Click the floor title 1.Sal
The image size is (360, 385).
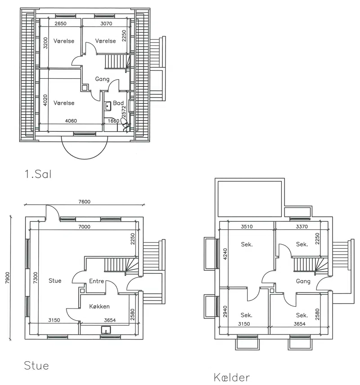(x=38, y=174)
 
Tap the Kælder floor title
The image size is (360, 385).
(x=232, y=377)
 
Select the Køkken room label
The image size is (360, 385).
(x=99, y=306)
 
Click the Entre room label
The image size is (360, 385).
(x=96, y=281)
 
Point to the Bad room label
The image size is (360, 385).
(x=118, y=103)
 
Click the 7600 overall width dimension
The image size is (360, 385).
(x=84, y=201)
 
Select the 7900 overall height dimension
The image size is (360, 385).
(x=7, y=278)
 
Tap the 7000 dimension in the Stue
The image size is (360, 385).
(x=84, y=227)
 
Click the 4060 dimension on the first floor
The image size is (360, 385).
(x=71, y=121)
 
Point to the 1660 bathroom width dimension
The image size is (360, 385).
(x=113, y=121)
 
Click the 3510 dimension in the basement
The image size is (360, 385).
(x=247, y=227)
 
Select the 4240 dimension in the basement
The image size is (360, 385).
(x=225, y=254)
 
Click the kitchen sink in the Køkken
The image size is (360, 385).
(x=106, y=330)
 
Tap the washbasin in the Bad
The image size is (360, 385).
(x=108, y=106)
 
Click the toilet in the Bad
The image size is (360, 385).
(x=125, y=125)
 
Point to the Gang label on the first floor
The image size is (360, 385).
(x=102, y=79)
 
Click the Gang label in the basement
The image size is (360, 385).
(x=303, y=281)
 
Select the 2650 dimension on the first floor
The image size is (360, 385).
(x=60, y=23)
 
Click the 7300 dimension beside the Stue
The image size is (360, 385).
(x=36, y=278)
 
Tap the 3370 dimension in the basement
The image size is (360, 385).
(x=302, y=227)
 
